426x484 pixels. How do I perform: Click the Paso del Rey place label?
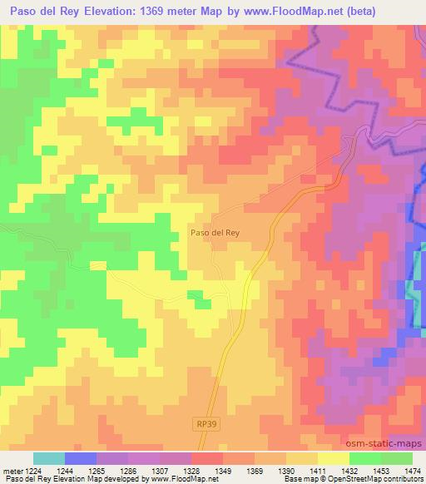(x=215, y=234)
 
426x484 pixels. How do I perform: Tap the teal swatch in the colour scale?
(x=49, y=458)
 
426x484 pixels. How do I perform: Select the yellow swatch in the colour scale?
(x=334, y=458)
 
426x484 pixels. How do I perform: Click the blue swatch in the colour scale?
(x=81, y=458)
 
